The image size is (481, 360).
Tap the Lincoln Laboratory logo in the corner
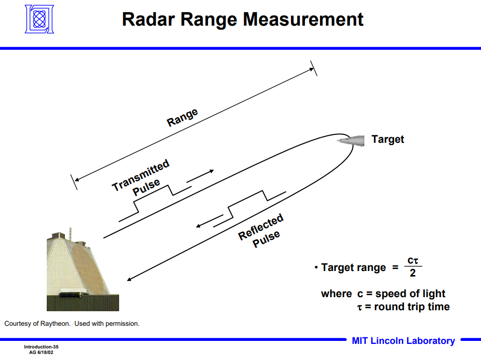[39, 19]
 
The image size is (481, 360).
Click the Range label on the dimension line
[182, 118]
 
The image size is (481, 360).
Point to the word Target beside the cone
[388, 139]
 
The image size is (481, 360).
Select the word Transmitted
[141, 175]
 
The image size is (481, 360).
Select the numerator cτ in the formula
[413, 260]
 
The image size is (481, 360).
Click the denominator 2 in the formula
[413, 274]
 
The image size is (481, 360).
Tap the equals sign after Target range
[395, 267]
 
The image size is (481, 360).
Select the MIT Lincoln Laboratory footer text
[403, 341]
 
